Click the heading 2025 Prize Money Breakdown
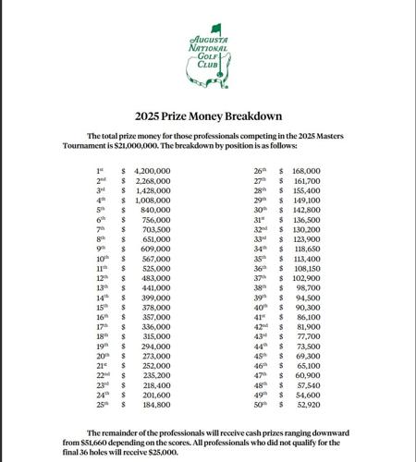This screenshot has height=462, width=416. [207, 115]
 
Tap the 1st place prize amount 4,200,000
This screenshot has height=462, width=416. [153, 172]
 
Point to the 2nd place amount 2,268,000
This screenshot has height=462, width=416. [153, 182]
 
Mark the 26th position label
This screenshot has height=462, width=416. [260, 172]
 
